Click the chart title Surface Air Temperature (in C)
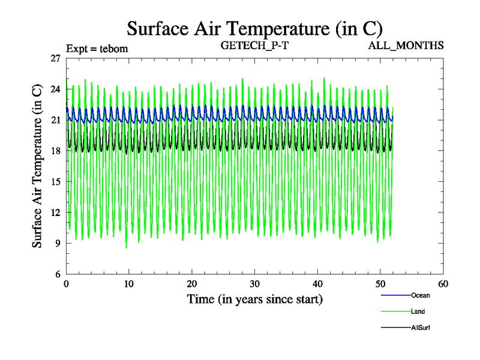point(254,28)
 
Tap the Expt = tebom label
point(97,48)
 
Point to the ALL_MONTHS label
point(406,45)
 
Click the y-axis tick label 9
point(58,244)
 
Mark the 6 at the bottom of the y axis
point(58,274)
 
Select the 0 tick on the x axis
point(66,283)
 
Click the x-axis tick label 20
point(191,283)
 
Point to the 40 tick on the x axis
point(317,283)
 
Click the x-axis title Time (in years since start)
point(254,299)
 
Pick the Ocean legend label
point(420,295)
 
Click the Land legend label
point(418,311)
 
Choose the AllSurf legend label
point(421,328)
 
